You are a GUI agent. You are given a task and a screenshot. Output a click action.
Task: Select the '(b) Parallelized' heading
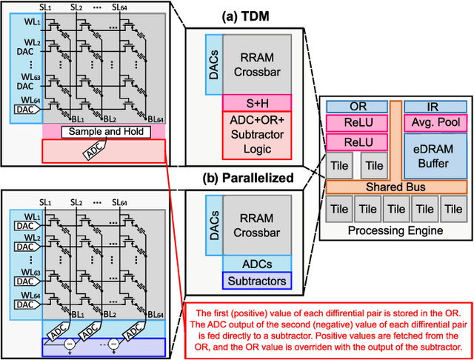click(247, 178)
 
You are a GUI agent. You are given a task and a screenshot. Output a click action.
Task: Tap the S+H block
click(257, 102)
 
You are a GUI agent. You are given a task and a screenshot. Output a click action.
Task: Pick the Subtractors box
click(257, 281)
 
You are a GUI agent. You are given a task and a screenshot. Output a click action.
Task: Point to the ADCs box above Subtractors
click(257, 263)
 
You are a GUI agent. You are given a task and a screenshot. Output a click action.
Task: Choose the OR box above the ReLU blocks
click(358, 107)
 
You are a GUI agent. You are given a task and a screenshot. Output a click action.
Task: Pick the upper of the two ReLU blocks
click(358, 122)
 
